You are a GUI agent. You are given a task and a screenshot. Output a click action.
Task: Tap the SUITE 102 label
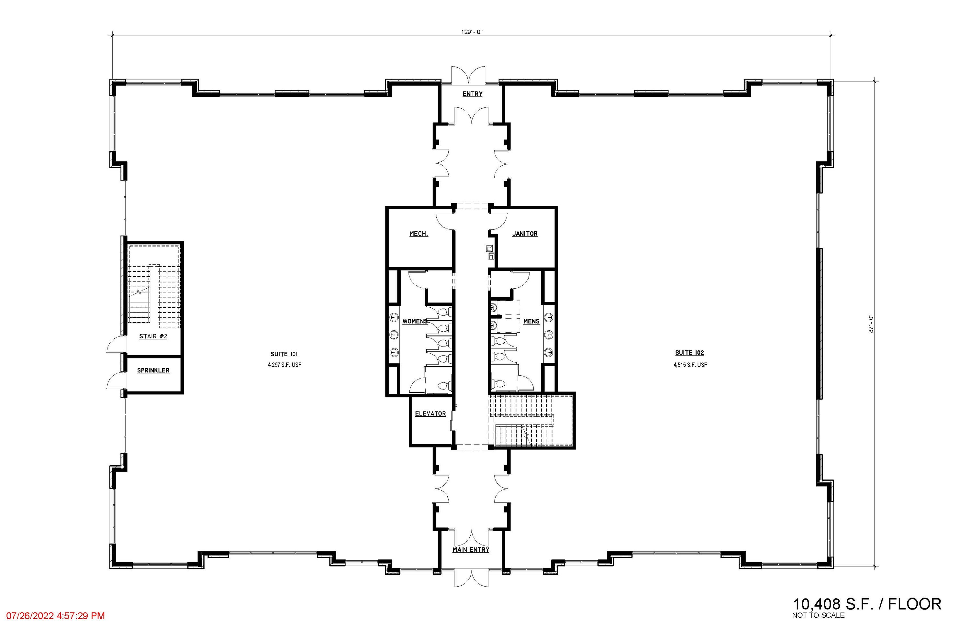pos(689,353)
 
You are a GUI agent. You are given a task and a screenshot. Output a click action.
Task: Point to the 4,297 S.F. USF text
pos(285,365)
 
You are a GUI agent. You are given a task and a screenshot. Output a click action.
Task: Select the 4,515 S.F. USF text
pos(690,365)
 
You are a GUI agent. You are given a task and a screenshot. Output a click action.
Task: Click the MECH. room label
pos(419,234)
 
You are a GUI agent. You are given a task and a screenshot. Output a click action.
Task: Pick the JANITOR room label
pos(525,234)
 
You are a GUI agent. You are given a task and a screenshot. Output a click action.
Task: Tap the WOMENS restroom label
pos(415,321)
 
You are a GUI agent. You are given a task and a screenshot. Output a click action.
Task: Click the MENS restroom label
pos(531,321)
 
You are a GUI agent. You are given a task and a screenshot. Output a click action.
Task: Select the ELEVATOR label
pos(430,413)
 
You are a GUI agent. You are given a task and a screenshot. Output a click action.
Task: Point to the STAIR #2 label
pos(153,336)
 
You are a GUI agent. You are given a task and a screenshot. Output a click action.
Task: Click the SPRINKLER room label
pos(153,370)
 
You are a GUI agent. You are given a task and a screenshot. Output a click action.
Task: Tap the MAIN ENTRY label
pos(471,550)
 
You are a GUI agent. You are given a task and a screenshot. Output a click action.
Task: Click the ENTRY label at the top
pos(473,94)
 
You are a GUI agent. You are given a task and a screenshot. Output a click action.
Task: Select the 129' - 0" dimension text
pos(472,32)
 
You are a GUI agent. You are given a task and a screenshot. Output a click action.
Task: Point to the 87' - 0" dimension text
pos(871,324)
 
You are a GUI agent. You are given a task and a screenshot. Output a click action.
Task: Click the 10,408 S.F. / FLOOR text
pos(867,604)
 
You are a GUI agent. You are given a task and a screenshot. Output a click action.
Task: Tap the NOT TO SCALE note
pos(819,615)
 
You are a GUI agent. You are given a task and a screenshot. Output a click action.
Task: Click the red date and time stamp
pos(55,616)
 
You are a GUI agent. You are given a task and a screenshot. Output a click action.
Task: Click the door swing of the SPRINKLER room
pos(115,380)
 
